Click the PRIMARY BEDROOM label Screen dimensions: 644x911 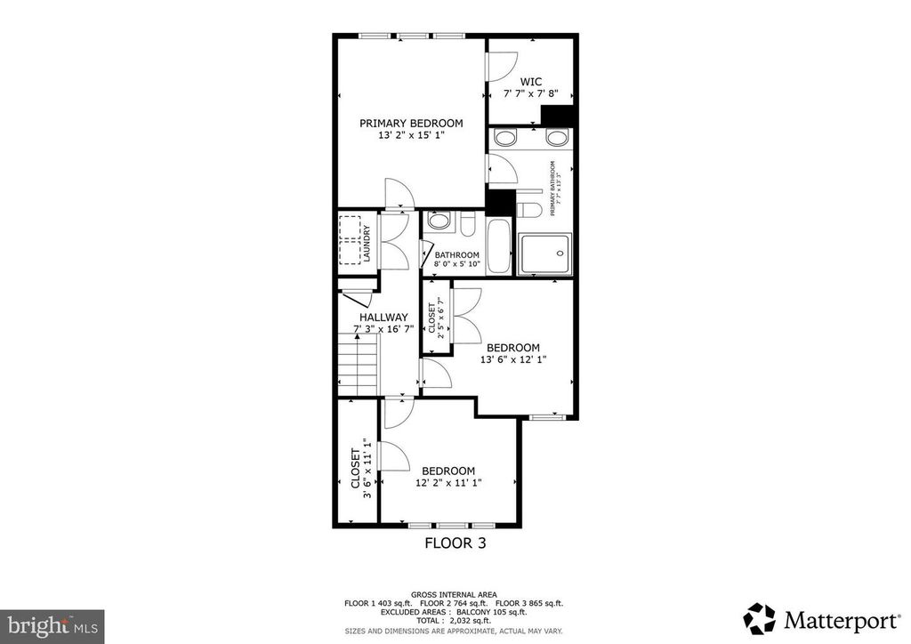(x=411, y=123)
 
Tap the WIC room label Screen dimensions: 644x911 (x=531, y=81)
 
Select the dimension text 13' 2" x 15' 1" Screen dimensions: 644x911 (x=411, y=135)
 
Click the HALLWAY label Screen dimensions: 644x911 (x=383, y=317)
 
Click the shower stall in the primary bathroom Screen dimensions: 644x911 (x=544, y=254)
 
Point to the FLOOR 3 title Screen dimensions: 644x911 (x=455, y=542)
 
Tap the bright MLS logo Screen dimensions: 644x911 (x=52, y=625)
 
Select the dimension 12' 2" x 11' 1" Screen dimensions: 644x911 (x=447, y=483)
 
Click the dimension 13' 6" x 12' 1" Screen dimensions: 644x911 (x=512, y=359)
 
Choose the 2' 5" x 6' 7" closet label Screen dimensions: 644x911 (x=436, y=320)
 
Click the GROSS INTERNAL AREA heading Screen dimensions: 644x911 (x=455, y=593)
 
